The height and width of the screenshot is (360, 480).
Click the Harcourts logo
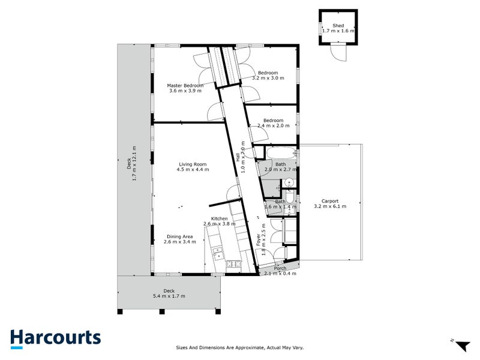tap(55, 338)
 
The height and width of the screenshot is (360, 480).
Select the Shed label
tap(338, 26)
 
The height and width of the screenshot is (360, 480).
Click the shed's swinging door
tap(340, 53)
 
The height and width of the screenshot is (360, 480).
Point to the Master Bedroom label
tap(185, 86)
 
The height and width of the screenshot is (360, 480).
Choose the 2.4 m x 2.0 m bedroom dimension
tap(273, 126)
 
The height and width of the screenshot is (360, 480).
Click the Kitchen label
tap(219, 218)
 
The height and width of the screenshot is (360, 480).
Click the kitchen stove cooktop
tap(233, 263)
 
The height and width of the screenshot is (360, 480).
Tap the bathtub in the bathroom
tap(281, 154)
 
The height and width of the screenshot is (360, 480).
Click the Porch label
tap(280, 268)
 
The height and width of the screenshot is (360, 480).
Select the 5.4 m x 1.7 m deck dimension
tap(168, 296)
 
